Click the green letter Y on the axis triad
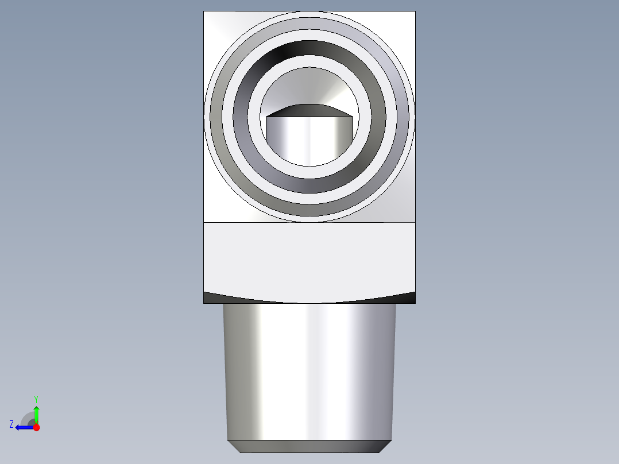click(x=36, y=400)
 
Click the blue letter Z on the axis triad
click(x=11, y=424)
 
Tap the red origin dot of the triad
click(x=36, y=427)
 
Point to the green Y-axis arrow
click(x=36, y=415)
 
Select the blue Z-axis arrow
click(x=25, y=427)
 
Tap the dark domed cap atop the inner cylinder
click(x=309, y=111)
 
